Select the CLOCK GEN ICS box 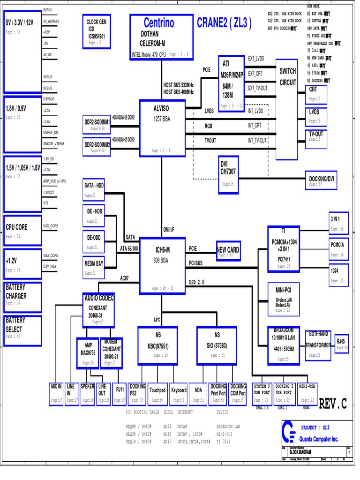(97, 32)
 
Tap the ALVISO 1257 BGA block (161, 127)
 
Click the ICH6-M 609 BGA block (161, 265)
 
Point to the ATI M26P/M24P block (232, 82)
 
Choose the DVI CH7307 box (228, 174)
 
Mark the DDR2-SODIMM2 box (97, 148)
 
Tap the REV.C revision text (333, 404)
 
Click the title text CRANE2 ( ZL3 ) (224, 23)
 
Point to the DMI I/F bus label (169, 229)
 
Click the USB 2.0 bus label (197, 282)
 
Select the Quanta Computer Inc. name (318, 439)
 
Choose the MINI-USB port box (307, 393)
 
